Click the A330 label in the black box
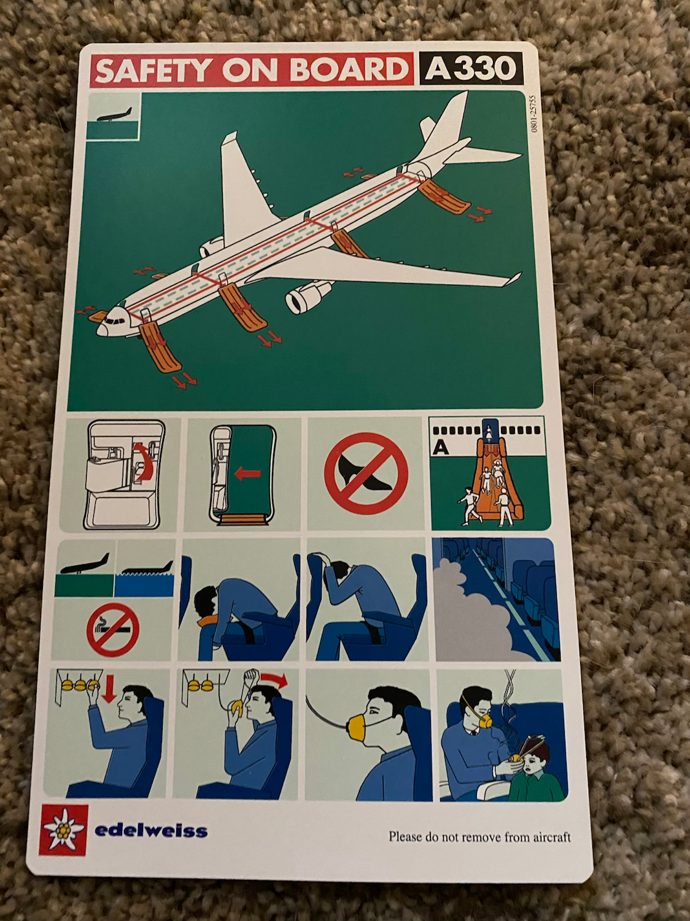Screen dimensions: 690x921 [x=470, y=68]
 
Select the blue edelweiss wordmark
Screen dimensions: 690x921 [x=151, y=830]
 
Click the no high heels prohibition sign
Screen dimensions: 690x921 [x=366, y=474]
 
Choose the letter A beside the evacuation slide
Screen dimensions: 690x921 [x=441, y=449]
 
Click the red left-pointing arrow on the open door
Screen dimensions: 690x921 [x=248, y=475]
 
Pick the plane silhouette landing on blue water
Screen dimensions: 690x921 [x=148, y=567]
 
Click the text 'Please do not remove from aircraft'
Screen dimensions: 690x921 [x=479, y=837]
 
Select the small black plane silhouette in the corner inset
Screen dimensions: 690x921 [x=114, y=115]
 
